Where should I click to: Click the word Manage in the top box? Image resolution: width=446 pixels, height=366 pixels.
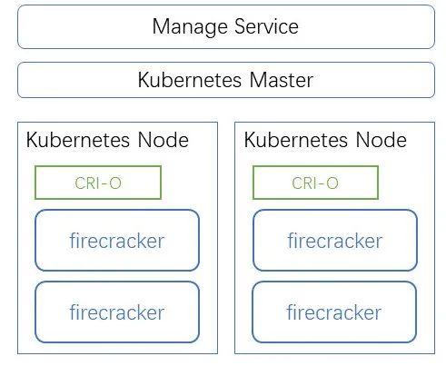pos(190,27)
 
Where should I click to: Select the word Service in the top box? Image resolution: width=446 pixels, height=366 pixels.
pos(266,26)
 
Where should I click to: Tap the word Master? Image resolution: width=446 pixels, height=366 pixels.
pos(282,80)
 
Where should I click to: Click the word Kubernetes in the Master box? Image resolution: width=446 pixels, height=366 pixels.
pos(190,80)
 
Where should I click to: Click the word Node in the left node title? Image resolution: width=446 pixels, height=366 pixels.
pos(164,140)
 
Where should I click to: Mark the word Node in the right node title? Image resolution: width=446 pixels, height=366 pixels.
pos(382,140)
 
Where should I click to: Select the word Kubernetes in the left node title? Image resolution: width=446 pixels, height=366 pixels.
pos(78,140)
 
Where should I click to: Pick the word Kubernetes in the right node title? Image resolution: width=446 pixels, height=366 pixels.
pos(295,140)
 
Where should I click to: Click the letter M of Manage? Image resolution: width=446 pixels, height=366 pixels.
pos(161,26)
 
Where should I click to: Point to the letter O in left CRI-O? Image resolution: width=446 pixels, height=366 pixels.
pos(115,183)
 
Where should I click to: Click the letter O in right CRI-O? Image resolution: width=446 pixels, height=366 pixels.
pos(332,183)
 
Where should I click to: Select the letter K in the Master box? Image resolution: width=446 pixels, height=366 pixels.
pos(144,80)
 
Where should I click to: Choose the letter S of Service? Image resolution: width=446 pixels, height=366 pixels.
pos(240,26)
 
